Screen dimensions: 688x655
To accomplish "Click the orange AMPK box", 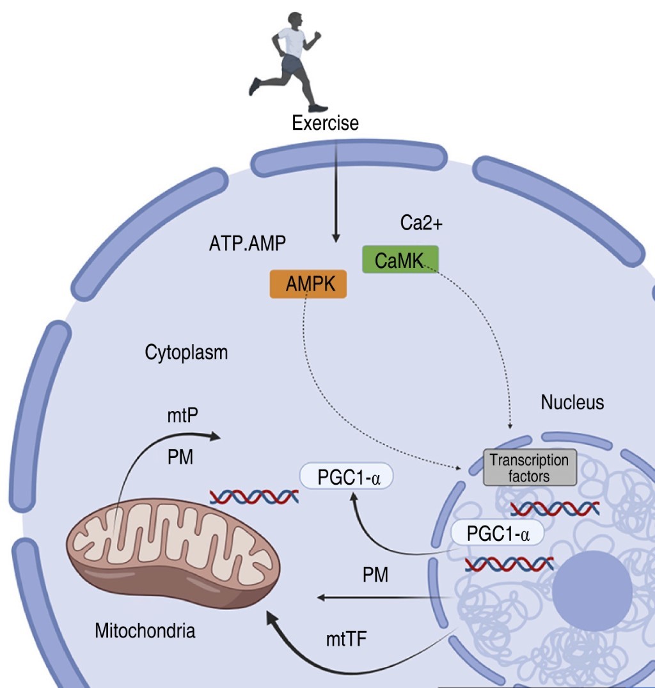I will (308, 284).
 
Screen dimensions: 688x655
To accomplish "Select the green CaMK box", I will (400, 259).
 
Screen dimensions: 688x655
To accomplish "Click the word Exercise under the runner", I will (325, 122).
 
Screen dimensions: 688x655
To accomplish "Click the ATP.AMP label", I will (246, 244).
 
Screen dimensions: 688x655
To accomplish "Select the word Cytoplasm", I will (186, 352).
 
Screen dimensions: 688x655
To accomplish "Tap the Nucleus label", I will (572, 403).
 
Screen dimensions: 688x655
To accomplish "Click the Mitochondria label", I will (145, 632).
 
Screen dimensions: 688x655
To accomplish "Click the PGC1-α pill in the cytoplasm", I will (346, 477).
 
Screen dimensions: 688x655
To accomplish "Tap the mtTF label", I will (346, 638).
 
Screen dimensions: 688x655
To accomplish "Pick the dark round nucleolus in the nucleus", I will (587, 592).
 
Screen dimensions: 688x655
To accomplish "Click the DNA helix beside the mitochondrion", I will (254, 496).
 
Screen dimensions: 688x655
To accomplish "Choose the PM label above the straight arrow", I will (375, 575).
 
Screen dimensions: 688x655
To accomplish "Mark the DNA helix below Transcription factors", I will (555, 508).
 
